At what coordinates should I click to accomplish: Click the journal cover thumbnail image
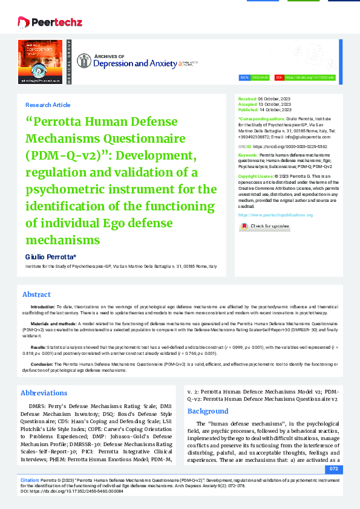(x=41, y=62)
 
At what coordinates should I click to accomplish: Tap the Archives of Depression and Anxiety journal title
(x=128, y=62)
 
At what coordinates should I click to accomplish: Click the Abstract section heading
(x=36, y=294)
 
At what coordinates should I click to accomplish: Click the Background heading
(x=208, y=411)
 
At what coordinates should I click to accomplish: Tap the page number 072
(x=333, y=468)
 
